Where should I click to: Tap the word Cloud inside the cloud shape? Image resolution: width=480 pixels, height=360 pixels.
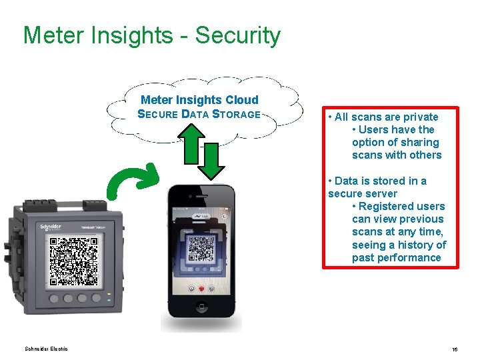click(241, 100)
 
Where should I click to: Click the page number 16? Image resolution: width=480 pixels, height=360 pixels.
click(454, 349)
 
